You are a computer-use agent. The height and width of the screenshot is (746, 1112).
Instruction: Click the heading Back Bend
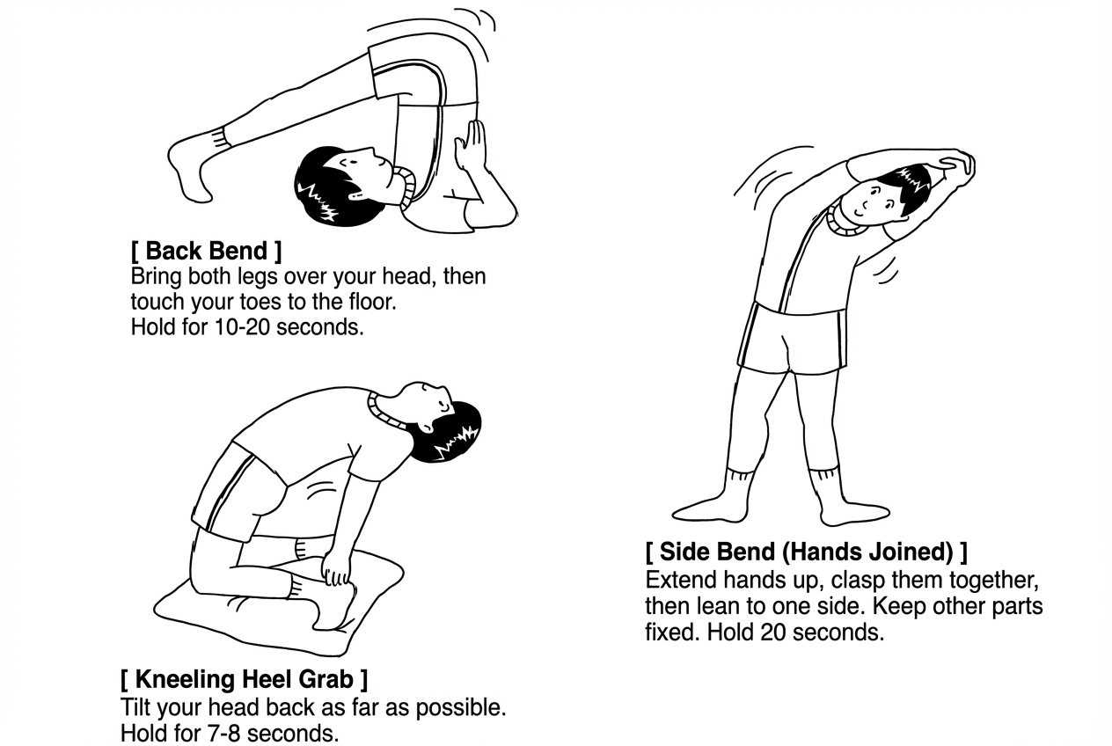pos(206,251)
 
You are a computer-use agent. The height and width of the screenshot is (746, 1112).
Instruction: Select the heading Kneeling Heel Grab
pos(244,679)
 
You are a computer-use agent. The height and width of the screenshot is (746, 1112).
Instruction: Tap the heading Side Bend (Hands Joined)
pos(806,552)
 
